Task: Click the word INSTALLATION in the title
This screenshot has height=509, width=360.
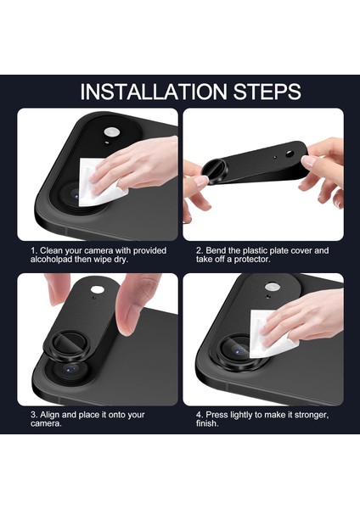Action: [x=154, y=92]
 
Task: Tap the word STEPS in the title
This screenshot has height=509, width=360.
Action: [x=267, y=92]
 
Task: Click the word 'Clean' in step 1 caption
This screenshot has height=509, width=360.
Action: [x=51, y=250]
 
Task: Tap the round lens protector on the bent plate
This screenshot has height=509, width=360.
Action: [x=214, y=171]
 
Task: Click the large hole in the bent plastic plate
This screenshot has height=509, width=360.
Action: [x=290, y=154]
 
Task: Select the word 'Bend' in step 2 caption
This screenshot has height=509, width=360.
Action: [x=216, y=250]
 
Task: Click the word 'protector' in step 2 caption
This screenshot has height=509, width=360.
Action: [x=252, y=260]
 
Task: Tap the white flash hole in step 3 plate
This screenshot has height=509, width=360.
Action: [x=96, y=289]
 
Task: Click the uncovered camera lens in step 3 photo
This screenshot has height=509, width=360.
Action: [x=70, y=368]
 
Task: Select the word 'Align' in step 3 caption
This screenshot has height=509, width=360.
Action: [x=50, y=415]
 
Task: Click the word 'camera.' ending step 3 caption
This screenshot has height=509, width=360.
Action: [x=46, y=423]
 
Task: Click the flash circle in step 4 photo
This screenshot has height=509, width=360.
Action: [x=273, y=287]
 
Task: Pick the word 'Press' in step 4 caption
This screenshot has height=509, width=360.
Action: [x=217, y=415]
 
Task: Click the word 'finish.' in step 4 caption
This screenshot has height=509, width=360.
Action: [x=207, y=423]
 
